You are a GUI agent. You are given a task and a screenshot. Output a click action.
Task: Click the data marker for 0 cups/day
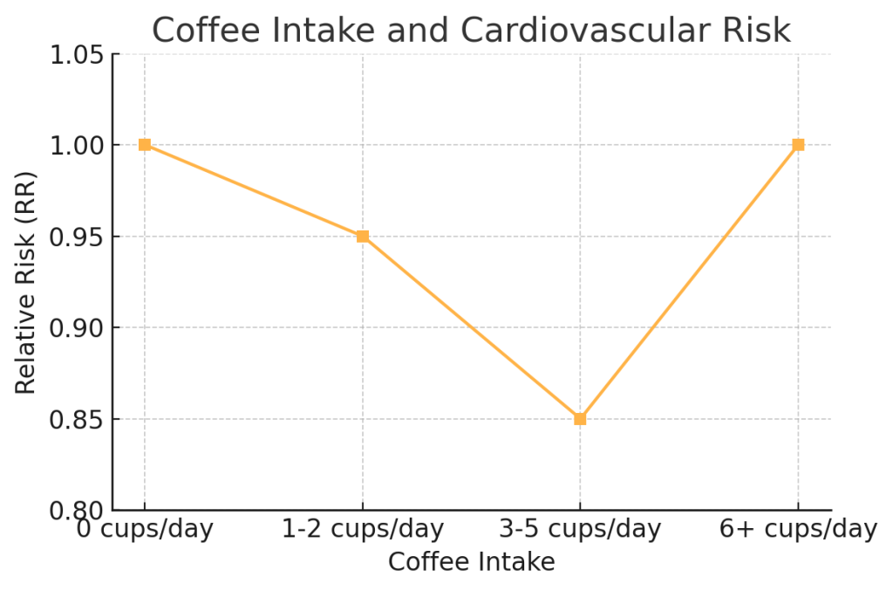click(145, 145)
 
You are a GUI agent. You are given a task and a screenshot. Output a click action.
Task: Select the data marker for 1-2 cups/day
click(363, 237)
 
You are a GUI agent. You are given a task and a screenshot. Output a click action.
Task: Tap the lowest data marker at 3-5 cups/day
click(580, 419)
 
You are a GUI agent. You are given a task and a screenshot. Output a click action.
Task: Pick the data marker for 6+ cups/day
click(798, 145)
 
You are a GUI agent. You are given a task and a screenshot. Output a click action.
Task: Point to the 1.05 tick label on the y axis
click(77, 54)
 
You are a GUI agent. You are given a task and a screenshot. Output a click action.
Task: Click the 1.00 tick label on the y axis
click(77, 145)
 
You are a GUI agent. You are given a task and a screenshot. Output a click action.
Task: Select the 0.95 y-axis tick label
click(77, 237)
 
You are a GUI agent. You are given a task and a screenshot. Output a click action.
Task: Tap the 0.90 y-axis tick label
click(77, 328)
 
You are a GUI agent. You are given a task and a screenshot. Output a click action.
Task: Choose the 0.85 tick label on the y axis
click(77, 419)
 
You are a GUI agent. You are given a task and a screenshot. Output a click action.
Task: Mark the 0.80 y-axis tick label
click(77, 511)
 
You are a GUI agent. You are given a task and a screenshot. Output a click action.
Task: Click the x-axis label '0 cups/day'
click(145, 529)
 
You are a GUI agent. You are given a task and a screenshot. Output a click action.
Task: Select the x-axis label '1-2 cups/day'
click(363, 529)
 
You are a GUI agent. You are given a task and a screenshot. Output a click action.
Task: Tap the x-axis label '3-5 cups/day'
click(580, 529)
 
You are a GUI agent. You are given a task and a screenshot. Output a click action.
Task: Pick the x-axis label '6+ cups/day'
click(798, 529)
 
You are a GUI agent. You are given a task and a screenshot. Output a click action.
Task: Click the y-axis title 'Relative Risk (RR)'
click(26, 282)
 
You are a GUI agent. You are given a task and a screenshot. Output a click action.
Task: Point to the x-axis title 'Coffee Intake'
click(471, 562)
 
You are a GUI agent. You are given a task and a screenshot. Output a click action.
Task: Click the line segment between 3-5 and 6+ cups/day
click(689, 282)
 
